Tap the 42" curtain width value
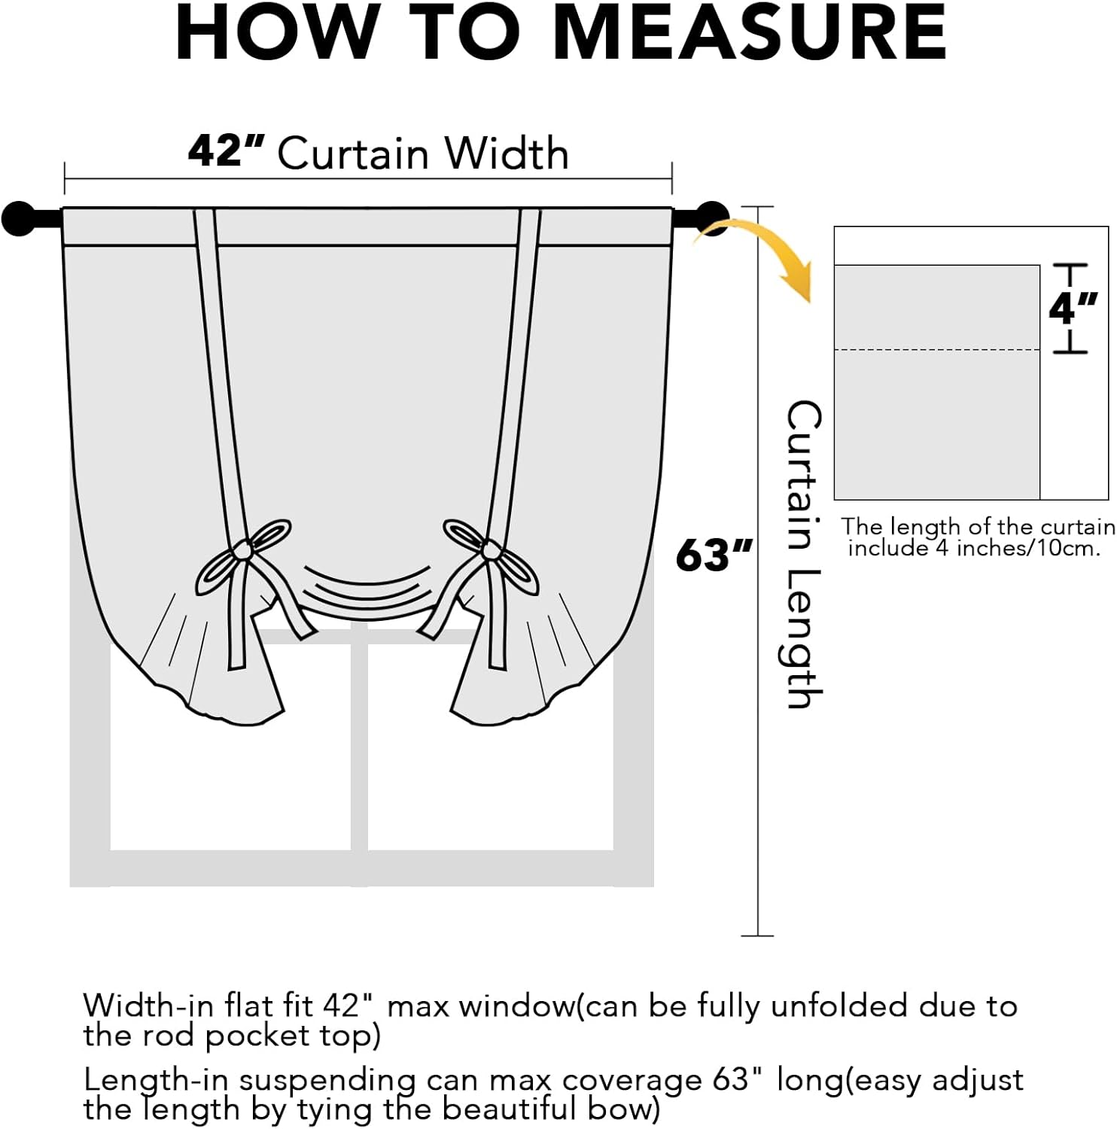click(x=225, y=151)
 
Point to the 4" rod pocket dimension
click(x=1073, y=308)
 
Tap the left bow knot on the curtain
click(x=243, y=551)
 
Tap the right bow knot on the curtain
click(x=491, y=551)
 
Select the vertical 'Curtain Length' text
click(x=803, y=555)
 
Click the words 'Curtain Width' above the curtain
click(x=422, y=154)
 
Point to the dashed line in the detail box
click(x=936, y=350)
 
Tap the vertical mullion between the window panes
click(x=359, y=745)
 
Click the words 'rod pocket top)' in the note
click(x=293, y=1036)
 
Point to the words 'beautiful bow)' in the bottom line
click(x=550, y=1109)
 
